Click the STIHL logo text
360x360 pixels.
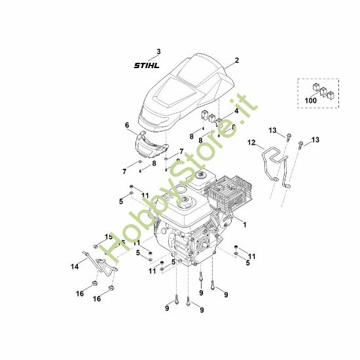[x=147, y=65]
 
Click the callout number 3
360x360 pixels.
[x=158, y=52]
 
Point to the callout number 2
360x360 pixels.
[x=237, y=60]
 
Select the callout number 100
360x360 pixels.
[x=311, y=100]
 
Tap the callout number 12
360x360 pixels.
[x=251, y=143]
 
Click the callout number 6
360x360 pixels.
[x=127, y=125]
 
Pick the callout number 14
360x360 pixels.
[x=75, y=266]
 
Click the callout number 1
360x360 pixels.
[x=245, y=225]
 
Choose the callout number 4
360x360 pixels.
[x=236, y=111]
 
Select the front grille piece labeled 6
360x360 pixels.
[x=151, y=145]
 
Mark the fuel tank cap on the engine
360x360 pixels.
[x=185, y=201]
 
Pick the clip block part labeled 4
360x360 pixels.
[x=211, y=118]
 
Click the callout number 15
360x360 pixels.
[x=109, y=237]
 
